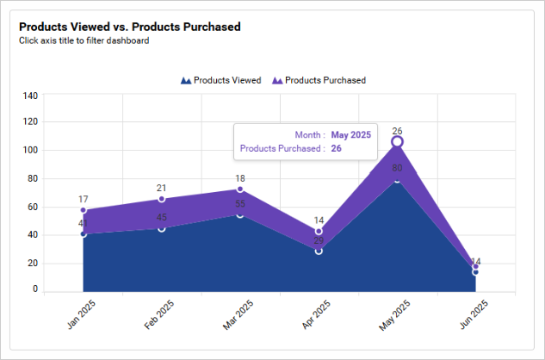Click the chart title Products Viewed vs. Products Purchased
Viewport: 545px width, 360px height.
point(129,27)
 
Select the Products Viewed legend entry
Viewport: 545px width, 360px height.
point(221,80)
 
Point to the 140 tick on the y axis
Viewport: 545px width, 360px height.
point(29,96)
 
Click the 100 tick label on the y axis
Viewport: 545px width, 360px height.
point(29,151)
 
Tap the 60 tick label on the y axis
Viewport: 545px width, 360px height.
point(32,207)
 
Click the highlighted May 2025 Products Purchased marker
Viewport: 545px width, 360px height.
point(397,141)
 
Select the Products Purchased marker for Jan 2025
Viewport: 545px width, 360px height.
point(84,210)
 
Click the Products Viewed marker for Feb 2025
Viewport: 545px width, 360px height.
point(162,228)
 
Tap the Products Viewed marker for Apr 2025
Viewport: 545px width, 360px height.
point(319,251)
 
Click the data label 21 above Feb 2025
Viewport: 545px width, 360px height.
point(162,188)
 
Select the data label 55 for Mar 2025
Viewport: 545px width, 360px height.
point(240,204)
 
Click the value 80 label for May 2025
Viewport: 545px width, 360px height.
point(397,169)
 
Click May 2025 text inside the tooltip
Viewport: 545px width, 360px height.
point(350,135)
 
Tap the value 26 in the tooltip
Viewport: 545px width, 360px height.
point(337,149)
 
